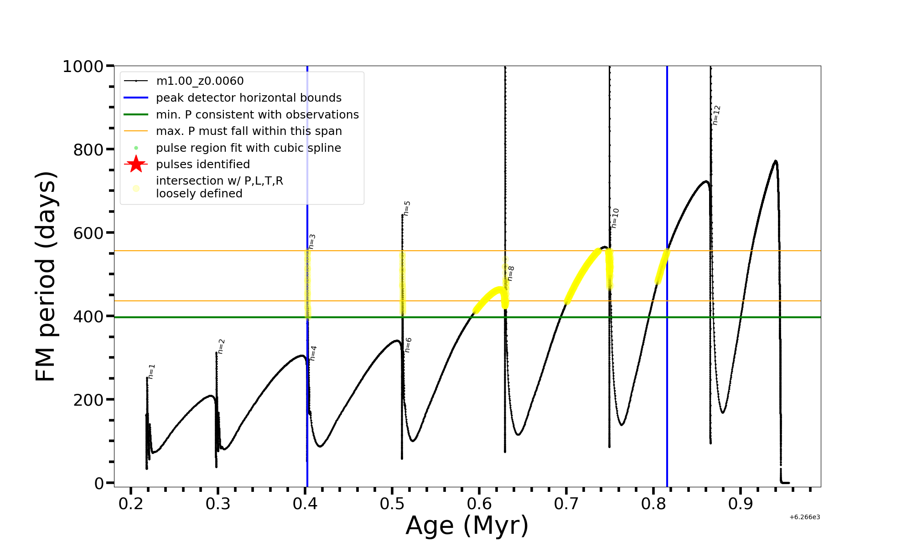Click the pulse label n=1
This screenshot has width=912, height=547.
[x=152, y=372]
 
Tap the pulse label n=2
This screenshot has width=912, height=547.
[x=222, y=346]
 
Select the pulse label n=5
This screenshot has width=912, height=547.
[x=407, y=208]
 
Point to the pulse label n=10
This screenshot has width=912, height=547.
[x=615, y=218]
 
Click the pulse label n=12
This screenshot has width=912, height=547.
[x=716, y=115]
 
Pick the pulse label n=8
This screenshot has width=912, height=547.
[x=511, y=273]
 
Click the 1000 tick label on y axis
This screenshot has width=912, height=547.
[x=83, y=67]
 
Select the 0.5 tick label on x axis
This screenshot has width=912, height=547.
[x=392, y=504]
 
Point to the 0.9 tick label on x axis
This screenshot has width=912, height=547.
[x=741, y=504]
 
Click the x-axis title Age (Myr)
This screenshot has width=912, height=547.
[x=467, y=526]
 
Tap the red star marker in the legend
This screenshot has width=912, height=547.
[x=136, y=164]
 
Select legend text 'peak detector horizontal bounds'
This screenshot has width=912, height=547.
[x=249, y=98]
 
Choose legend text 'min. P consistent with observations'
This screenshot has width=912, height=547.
[x=257, y=115]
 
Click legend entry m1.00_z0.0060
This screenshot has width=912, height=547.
[x=200, y=81]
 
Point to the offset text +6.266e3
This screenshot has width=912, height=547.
[x=805, y=517]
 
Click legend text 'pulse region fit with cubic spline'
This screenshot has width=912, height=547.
[x=248, y=148]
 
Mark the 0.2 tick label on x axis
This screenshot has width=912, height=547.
[x=131, y=504]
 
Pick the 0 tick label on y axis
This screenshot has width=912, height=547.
[x=99, y=483]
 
